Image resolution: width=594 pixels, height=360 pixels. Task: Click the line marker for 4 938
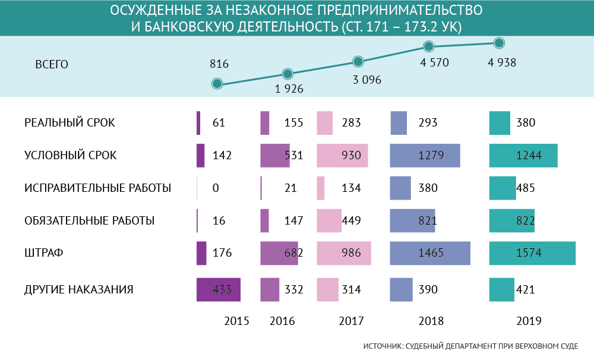pos(499,43)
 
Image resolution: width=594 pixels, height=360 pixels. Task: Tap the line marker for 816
pos(217,84)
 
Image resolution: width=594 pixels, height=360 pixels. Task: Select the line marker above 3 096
pos(358,61)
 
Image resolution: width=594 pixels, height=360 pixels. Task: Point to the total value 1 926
pos(289,89)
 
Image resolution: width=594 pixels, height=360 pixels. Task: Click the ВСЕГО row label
pos(52,64)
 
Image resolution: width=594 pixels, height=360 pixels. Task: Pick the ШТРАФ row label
pos(44,253)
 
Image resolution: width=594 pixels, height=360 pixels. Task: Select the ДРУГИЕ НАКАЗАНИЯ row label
pos(78,290)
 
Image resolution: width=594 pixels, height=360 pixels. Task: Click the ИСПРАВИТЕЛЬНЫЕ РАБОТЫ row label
pos(98,188)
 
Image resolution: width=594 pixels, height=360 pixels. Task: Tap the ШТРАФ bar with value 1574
pos(532,253)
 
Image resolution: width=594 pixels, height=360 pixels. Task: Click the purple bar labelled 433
pos(218,290)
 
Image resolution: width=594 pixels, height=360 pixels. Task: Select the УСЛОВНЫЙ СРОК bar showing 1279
pos(425,156)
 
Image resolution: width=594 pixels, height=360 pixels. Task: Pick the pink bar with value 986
pos(344,253)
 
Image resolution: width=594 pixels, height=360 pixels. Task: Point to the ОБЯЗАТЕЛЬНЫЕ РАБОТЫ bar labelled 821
pos(412,220)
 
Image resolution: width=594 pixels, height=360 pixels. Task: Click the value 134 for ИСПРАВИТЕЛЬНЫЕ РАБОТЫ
pos(353,188)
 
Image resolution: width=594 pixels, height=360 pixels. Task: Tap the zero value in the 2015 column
pos(216,188)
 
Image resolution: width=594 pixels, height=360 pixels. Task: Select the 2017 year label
pos(351,321)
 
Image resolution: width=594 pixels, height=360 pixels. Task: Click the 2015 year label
pos(236,321)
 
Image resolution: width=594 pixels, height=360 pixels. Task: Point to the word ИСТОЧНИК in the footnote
pos(381,346)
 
